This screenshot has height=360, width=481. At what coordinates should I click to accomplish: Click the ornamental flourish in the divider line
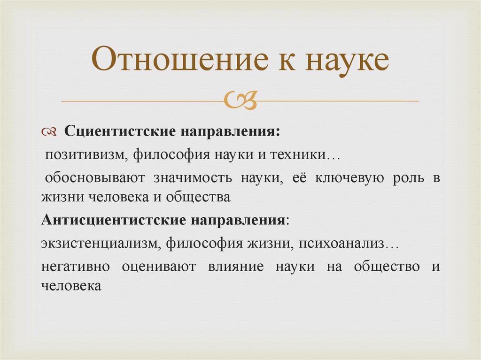[x=240, y=100]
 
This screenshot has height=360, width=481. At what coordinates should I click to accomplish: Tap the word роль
[x=407, y=179]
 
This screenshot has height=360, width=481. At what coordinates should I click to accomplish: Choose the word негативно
[x=75, y=267]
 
